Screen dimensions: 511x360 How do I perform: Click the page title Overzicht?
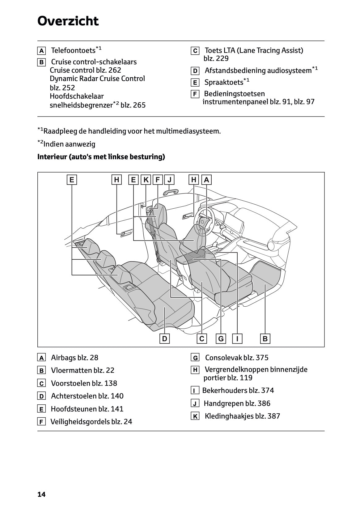(x=68, y=21)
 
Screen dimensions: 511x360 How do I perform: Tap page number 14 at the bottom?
(x=41, y=494)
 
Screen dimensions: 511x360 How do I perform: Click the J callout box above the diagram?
(x=169, y=180)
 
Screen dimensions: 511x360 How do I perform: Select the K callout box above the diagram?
(x=146, y=180)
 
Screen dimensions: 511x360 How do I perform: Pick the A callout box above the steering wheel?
(x=206, y=180)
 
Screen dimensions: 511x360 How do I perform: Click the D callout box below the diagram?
(x=164, y=339)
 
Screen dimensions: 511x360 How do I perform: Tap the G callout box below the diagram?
(x=221, y=339)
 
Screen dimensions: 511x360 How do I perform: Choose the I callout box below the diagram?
(x=237, y=339)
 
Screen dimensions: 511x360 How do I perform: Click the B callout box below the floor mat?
(x=265, y=339)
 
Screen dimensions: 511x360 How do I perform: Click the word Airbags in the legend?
(x=63, y=358)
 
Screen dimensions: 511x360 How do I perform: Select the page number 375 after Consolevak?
(x=262, y=358)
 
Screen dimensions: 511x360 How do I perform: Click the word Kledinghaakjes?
(x=229, y=416)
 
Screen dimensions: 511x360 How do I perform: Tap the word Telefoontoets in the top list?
(x=73, y=50)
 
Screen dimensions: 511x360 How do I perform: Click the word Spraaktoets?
(x=224, y=83)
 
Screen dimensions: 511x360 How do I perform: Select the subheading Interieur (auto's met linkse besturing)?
(x=101, y=157)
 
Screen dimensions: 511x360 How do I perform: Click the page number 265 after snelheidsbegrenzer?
(x=139, y=105)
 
